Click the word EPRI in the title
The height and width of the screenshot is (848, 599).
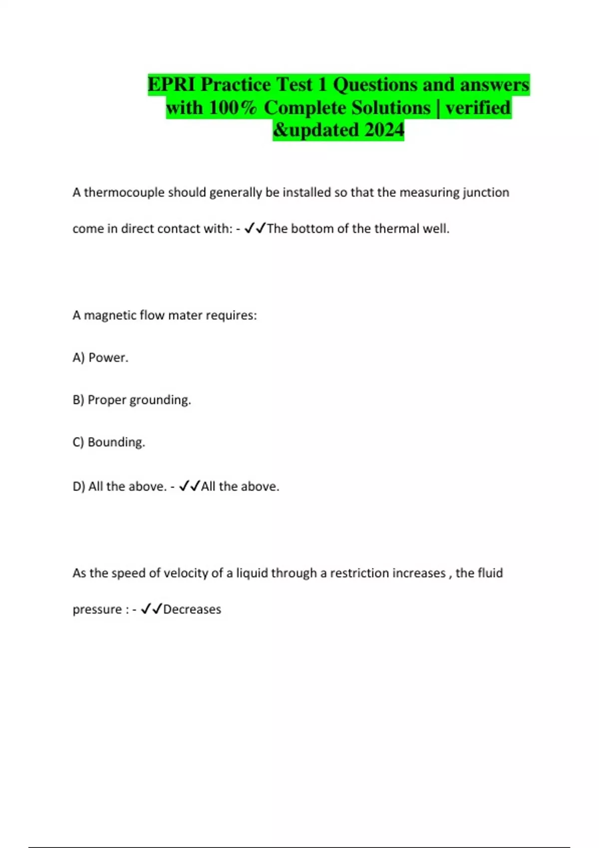coord(172,84)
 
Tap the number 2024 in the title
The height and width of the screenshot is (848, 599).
coord(384,130)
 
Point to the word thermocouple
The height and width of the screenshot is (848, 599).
coord(124,193)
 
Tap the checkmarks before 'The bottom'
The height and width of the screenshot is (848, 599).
coord(255,228)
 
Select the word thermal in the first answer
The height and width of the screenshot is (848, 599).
coord(396,228)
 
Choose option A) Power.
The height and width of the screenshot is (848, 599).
coord(100,358)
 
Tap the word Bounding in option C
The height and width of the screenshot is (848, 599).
coord(116,442)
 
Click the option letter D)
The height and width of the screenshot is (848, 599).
coord(79,486)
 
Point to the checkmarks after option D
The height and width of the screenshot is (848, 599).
coord(190,486)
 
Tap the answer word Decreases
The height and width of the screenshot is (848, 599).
coord(192,610)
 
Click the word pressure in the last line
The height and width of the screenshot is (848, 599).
coord(97,610)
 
